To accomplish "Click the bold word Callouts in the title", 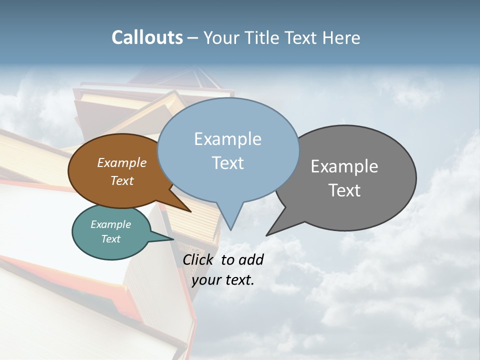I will (x=147, y=37).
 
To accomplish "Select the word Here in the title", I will (x=341, y=37).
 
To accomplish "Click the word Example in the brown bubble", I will (x=121, y=163).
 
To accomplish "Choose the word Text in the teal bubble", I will (x=110, y=239).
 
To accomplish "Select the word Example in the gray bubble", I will (x=344, y=166).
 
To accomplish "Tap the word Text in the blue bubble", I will (x=228, y=163).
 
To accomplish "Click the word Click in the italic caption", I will (x=199, y=259).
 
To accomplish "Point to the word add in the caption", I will (x=251, y=259).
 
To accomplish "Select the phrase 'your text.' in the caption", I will (x=223, y=280).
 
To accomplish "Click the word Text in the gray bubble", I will (x=345, y=190).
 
